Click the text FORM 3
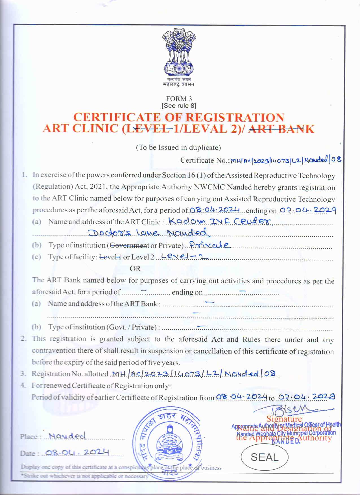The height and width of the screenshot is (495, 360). click(179, 99)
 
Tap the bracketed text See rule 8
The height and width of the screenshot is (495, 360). click(179, 106)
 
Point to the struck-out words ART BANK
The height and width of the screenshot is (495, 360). click(282, 129)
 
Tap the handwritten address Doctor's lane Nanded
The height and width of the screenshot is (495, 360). click(149, 233)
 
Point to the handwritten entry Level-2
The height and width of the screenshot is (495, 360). click(184, 256)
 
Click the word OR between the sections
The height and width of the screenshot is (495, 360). click(135, 269)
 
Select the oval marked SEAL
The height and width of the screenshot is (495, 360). click(264, 457)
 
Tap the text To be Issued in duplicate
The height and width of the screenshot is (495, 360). click(178, 147)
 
